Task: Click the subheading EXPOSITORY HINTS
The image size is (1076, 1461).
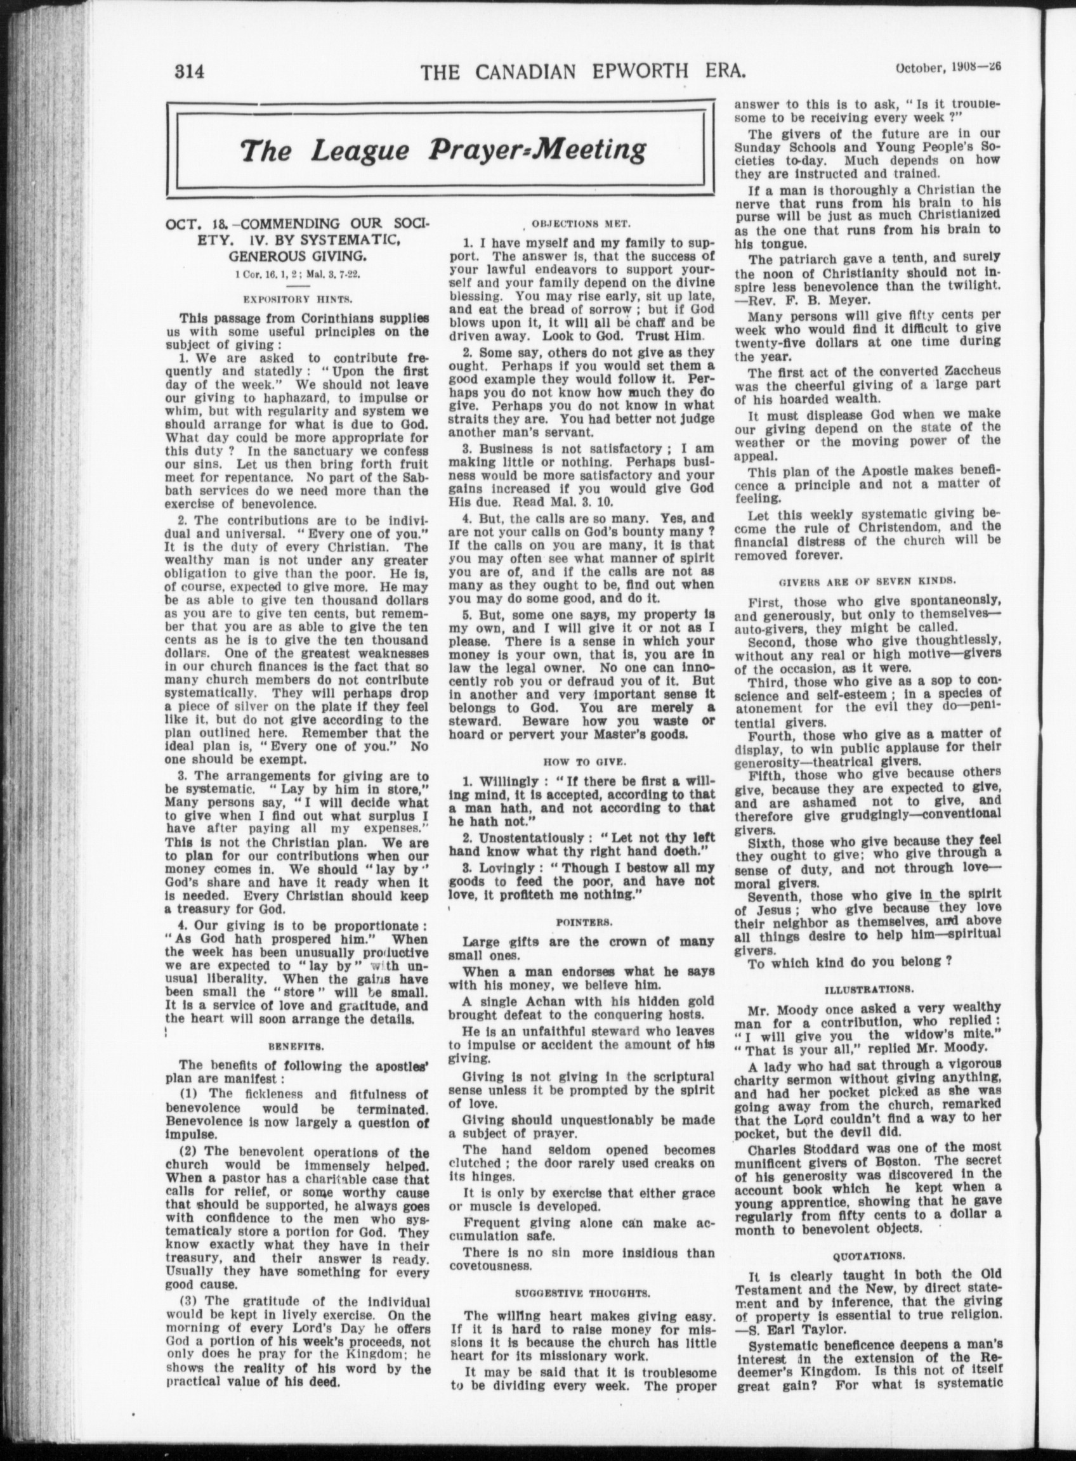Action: [298, 299]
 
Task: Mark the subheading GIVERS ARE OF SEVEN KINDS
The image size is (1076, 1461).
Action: [867, 579]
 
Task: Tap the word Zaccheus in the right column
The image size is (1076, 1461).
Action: [971, 372]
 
